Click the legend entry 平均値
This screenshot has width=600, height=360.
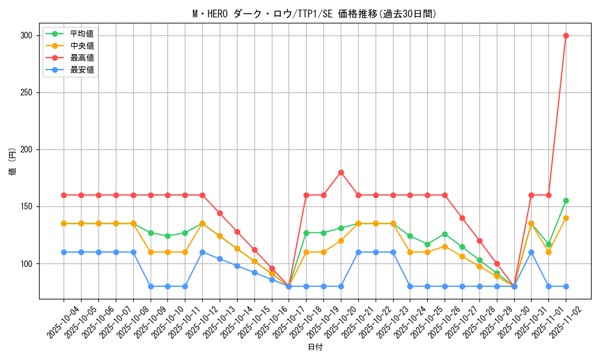click(x=82, y=34)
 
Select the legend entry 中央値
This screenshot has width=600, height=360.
click(x=82, y=46)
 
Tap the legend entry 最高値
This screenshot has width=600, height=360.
click(x=82, y=58)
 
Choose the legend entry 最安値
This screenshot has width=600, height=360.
click(x=82, y=70)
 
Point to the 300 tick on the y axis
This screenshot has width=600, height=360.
click(x=26, y=35)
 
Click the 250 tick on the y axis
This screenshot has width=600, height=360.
click(x=26, y=92)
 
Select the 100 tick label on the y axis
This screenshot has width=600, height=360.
click(x=26, y=263)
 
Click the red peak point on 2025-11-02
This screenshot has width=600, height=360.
click(x=566, y=35)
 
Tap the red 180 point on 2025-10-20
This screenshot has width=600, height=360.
click(x=341, y=172)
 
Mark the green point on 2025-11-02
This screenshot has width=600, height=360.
click(x=566, y=200)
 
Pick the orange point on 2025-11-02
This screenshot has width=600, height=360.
click(x=566, y=218)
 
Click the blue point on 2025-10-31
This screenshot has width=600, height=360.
click(x=531, y=252)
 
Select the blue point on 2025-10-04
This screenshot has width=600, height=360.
click(x=64, y=252)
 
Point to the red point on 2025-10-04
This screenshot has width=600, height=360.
click(x=64, y=195)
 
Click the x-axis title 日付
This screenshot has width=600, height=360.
click(x=314, y=347)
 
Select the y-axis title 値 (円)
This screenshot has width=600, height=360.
click(x=13, y=162)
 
